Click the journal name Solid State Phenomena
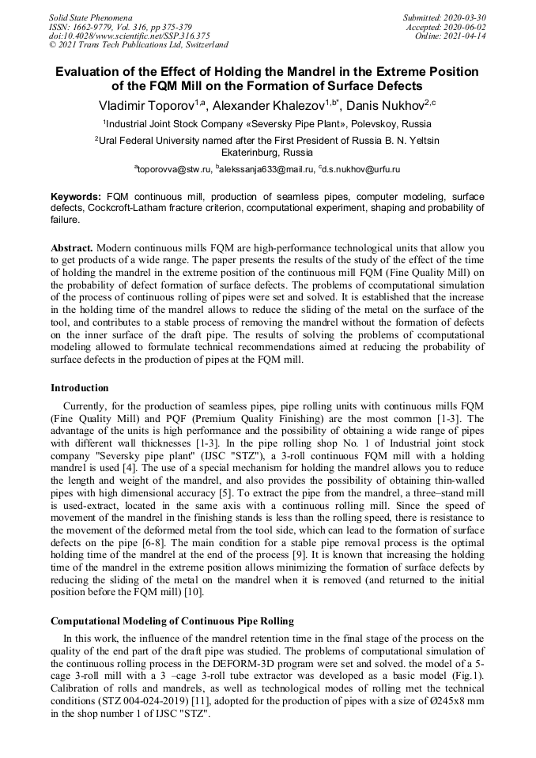[90, 17]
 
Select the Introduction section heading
[80, 388]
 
